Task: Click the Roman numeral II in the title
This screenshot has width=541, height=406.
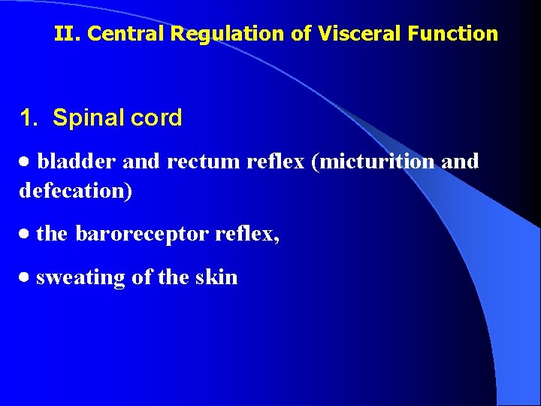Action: coord(63,34)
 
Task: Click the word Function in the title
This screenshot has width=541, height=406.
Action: coord(459,34)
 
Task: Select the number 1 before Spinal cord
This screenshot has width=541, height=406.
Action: coord(27,118)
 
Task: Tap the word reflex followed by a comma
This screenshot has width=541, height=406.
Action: coord(246,235)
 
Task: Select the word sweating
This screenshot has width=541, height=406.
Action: coord(80,277)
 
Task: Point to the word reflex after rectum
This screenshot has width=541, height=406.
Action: coord(273,162)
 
